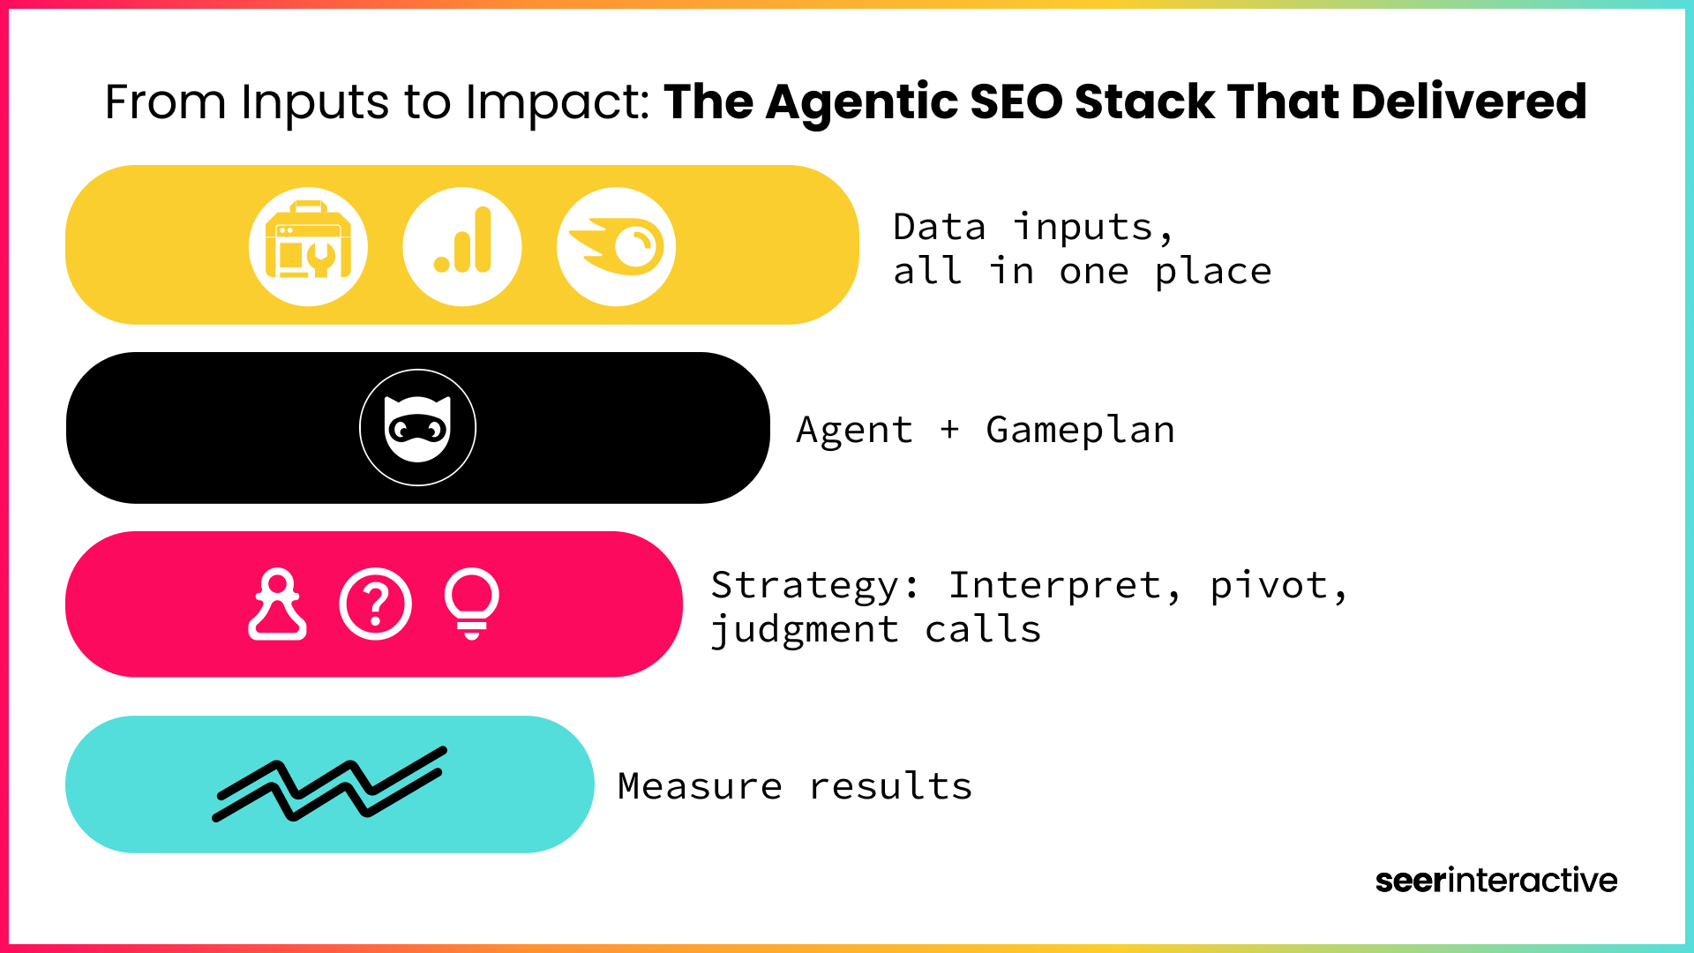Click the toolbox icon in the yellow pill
tap(309, 246)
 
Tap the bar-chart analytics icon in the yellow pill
tap(462, 246)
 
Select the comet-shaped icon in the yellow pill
tap(617, 246)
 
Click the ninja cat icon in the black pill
tap(418, 428)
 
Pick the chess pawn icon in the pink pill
tap(278, 604)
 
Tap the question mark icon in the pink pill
tap(376, 604)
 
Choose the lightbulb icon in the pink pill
tap(472, 604)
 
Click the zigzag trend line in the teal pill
tap(330, 784)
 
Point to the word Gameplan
tap(1081, 431)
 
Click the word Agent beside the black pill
tap(855, 431)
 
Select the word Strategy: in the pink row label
tap(815, 587)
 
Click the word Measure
tap(700, 786)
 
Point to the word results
tap(891, 786)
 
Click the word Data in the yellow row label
tap(940, 228)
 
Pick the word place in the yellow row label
tap(1214, 273)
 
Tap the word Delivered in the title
tap(1469, 101)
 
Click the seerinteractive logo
tap(1496, 881)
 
